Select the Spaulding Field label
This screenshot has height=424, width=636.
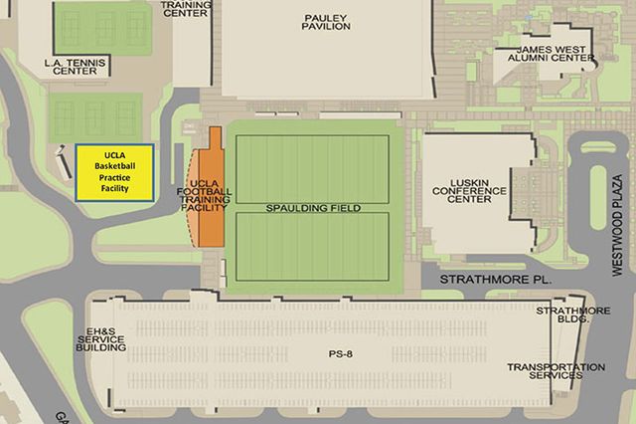[x=313, y=208]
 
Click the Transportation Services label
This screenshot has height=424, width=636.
[x=556, y=371]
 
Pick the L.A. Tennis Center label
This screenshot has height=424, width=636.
[x=75, y=68]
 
